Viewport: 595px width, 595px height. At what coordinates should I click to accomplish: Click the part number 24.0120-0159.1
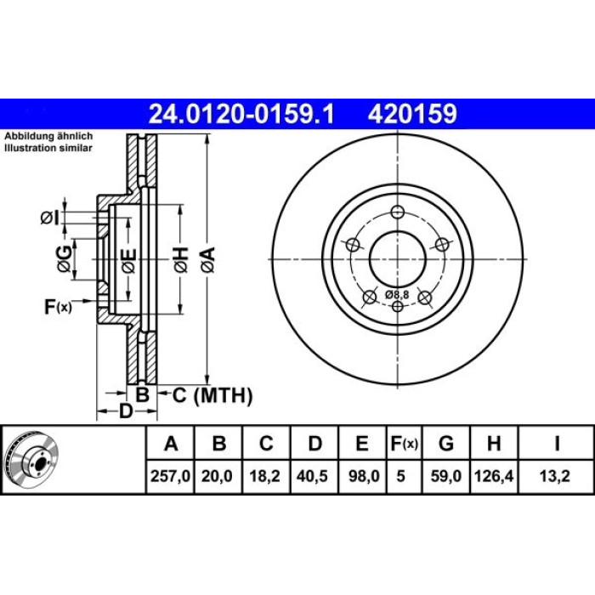[x=241, y=114]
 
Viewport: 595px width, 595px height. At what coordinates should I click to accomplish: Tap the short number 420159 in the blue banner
[x=412, y=114]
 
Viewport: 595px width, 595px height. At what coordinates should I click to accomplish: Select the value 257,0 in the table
[x=170, y=476]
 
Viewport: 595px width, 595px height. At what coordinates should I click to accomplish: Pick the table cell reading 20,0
[x=217, y=476]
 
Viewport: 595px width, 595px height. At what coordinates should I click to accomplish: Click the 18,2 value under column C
[x=264, y=476]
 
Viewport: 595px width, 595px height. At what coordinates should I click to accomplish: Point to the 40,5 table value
[x=312, y=476]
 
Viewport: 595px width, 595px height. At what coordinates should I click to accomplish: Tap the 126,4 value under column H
[x=494, y=476]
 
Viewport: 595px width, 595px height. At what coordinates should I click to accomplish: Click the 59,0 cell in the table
[x=446, y=476]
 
